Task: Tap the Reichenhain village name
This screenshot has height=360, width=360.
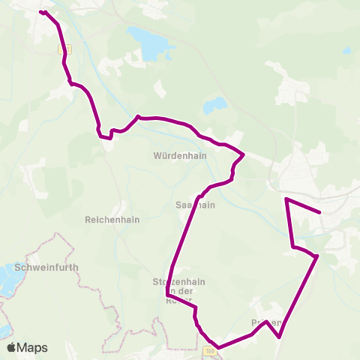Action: coord(112,220)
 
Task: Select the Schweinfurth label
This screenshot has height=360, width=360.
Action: coord(46,267)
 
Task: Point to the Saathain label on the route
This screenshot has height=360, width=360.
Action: coord(195,205)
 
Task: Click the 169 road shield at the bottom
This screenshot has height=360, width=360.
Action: coord(209,350)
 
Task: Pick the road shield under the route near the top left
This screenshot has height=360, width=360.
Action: coord(63,48)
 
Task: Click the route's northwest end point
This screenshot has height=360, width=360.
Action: coord(42,12)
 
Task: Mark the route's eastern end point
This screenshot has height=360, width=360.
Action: coord(320,212)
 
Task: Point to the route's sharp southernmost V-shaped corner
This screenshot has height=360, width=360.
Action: coord(279,337)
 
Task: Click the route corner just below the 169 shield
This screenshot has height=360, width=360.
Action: coord(218,348)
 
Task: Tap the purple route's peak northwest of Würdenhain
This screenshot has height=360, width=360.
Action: coord(139,116)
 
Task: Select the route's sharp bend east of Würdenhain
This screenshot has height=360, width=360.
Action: coord(244,154)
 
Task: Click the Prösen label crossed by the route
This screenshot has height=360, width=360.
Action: coord(266,323)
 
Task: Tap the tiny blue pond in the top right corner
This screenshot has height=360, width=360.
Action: coord(346,51)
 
